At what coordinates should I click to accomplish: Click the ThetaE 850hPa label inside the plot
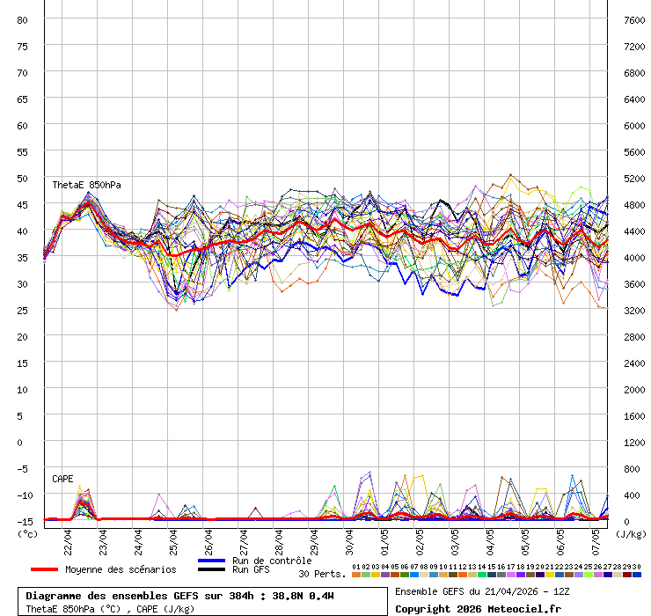coord(86,186)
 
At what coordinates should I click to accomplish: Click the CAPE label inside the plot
coord(62,479)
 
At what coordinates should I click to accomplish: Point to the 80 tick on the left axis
coord(23,19)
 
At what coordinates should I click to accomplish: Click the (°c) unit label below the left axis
coord(27,533)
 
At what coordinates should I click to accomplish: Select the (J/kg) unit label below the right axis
coord(630,533)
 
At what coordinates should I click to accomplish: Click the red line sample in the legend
coord(43,569)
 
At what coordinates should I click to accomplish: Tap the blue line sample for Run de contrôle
coord(211,561)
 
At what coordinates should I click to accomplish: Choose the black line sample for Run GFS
coord(211,569)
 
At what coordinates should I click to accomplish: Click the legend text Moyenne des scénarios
coord(121,569)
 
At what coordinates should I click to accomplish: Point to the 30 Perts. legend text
coord(322,574)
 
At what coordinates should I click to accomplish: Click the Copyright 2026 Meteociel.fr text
coord(478,608)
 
